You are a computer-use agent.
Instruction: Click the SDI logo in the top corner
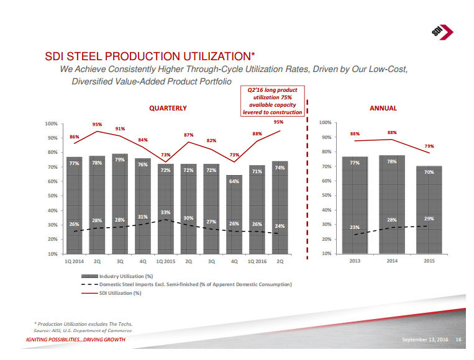tap(442, 32)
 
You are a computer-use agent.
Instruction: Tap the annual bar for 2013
tap(355, 205)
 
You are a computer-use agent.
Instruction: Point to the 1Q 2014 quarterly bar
tap(74, 205)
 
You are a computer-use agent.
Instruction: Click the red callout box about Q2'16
tap(273, 101)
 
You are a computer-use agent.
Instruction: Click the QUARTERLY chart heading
tap(168, 108)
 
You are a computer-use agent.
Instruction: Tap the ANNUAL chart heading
tap(383, 108)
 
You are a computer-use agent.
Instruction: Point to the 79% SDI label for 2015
tap(429, 146)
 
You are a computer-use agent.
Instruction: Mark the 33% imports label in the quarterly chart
tap(165, 213)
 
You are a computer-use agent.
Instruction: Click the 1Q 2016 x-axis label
tap(257, 261)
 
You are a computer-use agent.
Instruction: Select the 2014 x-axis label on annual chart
tap(392, 261)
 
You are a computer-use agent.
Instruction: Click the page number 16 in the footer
tap(458, 340)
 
